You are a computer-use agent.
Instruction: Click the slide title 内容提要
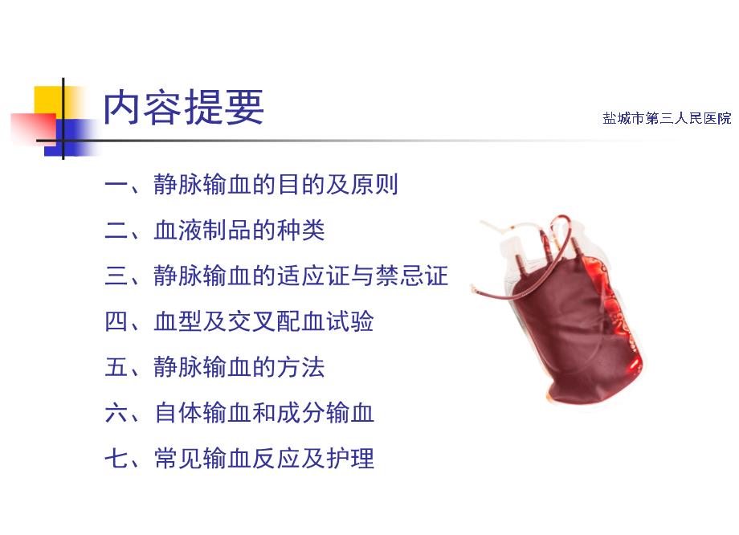pos(183,107)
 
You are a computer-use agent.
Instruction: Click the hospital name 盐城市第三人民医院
pos(667,118)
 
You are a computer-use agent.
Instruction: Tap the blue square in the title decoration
pos(71,137)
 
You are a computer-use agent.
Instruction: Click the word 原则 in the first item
pos(374,184)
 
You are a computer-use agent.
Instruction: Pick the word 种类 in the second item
pos(300,230)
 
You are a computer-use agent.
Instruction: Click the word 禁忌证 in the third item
pos(411,276)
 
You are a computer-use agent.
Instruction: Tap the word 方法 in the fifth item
pos(300,367)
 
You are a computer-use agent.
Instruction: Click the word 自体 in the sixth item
pos(178,412)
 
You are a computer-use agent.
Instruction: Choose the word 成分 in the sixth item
pos(300,412)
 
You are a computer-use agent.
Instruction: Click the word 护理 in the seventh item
pos(350,458)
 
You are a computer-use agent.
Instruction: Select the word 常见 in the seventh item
pos(178,458)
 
